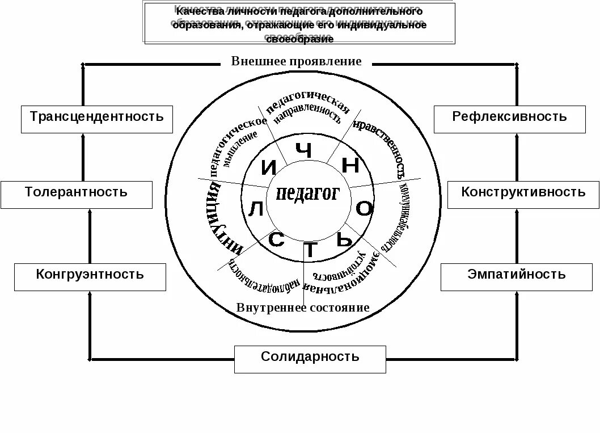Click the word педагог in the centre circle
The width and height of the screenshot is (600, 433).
pyautogui.click(x=307, y=195)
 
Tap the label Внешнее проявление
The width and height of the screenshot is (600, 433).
pyautogui.click(x=296, y=61)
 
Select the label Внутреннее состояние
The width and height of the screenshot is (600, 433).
pyautogui.click(x=303, y=308)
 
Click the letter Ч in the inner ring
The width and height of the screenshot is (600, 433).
pyautogui.click(x=305, y=152)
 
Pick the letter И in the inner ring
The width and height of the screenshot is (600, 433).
pyautogui.click(x=269, y=167)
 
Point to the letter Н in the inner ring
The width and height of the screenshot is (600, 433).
pyautogui.click(x=351, y=165)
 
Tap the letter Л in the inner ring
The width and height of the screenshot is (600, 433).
pyautogui.click(x=256, y=210)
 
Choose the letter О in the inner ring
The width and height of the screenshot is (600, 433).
pyautogui.click(x=365, y=209)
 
